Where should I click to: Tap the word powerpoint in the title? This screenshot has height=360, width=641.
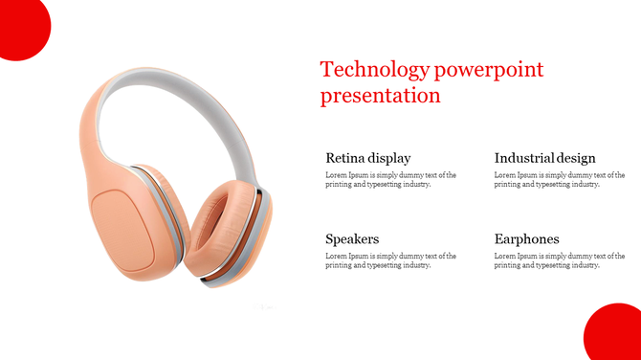(x=488, y=70)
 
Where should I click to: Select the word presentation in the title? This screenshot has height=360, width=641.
(x=381, y=96)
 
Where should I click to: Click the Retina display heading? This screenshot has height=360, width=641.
(x=367, y=158)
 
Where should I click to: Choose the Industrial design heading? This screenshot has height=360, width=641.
(x=544, y=158)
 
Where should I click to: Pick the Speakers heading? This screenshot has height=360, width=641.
(x=352, y=238)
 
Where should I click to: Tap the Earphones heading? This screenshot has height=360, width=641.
(x=527, y=238)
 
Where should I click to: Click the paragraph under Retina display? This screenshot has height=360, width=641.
(x=390, y=180)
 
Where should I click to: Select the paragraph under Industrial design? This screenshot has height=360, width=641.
(x=560, y=180)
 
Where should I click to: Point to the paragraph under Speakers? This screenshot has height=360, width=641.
(x=390, y=260)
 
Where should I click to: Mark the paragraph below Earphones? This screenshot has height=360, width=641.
(x=560, y=260)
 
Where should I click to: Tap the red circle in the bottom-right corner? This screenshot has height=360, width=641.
(x=616, y=335)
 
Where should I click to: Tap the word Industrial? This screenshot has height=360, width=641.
(x=524, y=158)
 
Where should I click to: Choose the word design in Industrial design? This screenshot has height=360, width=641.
(x=576, y=158)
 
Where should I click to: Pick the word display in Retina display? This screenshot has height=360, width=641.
(x=389, y=158)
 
